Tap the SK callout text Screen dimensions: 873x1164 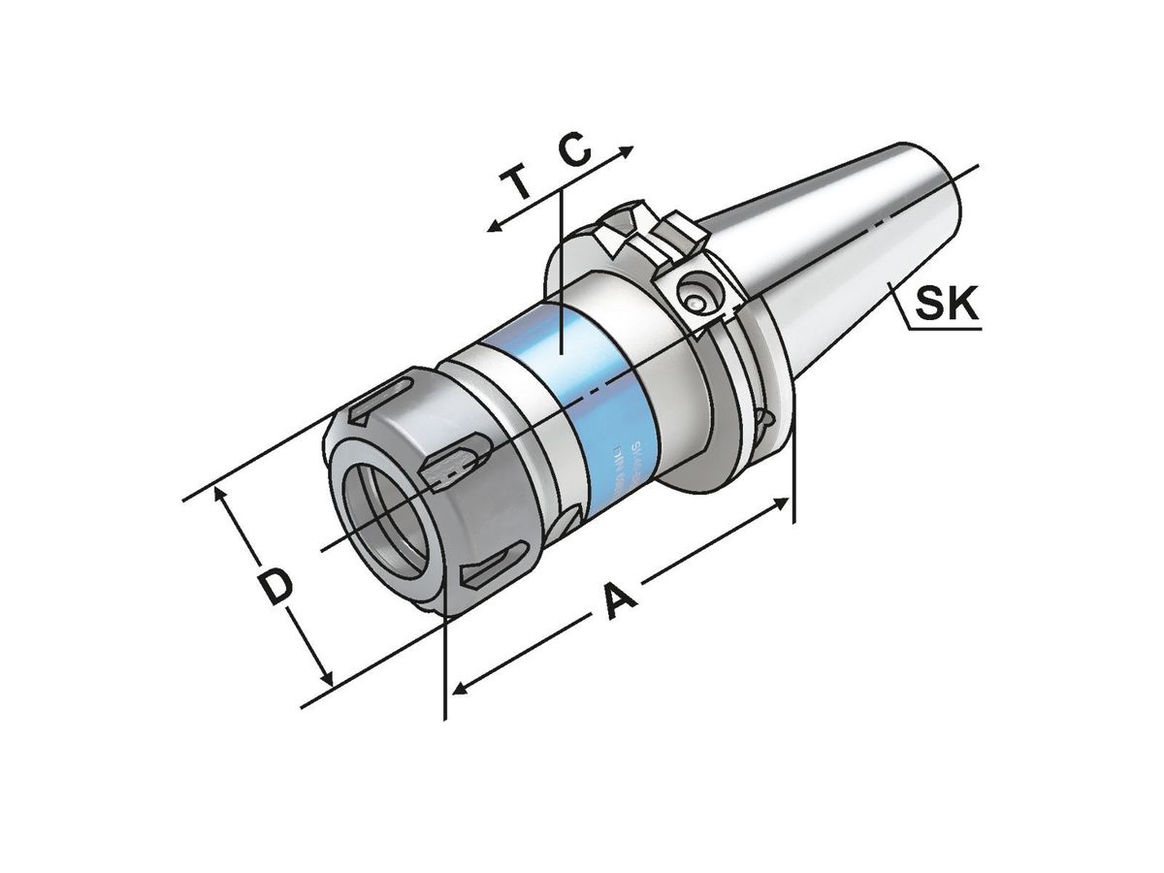tap(948, 305)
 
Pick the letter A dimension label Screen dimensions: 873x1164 tap(618, 600)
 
